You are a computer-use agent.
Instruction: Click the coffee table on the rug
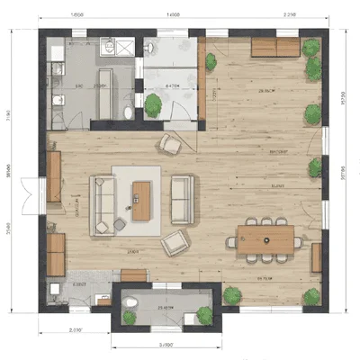(141, 200)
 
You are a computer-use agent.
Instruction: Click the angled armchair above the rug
(169, 143)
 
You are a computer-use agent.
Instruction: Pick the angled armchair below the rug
(175, 241)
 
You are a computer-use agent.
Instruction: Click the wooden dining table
(266, 238)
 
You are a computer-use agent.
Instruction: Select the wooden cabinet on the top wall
(274, 46)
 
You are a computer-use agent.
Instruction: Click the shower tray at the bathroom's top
(115, 48)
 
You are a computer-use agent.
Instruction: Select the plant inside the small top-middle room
(153, 105)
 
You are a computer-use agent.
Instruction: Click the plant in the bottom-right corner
(311, 296)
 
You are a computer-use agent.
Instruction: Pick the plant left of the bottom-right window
(233, 294)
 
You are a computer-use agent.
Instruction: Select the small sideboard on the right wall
(317, 257)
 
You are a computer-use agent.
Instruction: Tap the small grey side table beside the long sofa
(120, 221)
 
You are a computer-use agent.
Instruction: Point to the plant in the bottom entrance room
(205, 316)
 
